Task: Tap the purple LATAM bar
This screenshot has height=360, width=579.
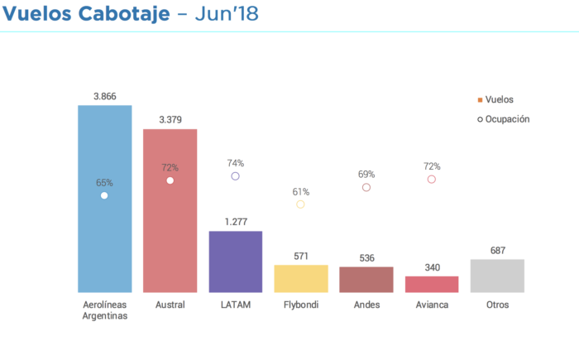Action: coord(235,262)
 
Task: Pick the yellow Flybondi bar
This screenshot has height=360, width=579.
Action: coord(300,279)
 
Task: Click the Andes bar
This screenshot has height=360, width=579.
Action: coord(366,280)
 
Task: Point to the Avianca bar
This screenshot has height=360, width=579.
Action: coord(431,284)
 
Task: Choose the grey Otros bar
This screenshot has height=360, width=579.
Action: coord(497,276)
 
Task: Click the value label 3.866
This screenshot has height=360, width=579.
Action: coord(104,97)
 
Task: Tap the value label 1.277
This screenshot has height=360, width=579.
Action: coord(235,223)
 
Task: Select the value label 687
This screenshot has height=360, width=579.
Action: coord(497,251)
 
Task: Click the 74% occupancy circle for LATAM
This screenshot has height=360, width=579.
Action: coord(235,176)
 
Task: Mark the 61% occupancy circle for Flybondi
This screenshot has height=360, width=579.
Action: coord(300,204)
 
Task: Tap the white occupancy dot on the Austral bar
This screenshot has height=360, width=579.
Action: coord(170,180)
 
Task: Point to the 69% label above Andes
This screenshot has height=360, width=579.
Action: coord(366,175)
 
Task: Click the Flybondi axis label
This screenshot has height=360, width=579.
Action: coord(300,305)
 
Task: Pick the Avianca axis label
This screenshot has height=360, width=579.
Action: coord(431,305)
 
